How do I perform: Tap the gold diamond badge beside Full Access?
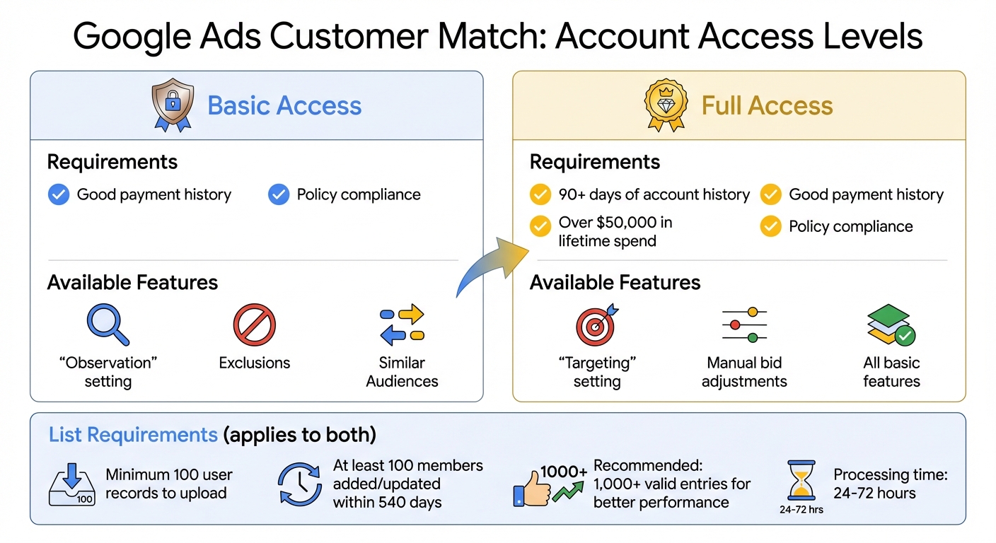click(x=666, y=106)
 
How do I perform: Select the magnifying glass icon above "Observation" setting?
click(x=108, y=325)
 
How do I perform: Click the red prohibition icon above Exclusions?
click(x=254, y=325)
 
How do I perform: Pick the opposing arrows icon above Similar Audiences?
click(x=402, y=325)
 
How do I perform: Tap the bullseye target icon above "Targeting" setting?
click(x=596, y=325)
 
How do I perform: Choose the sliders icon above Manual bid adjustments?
click(x=743, y=325)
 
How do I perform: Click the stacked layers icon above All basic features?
click(x=891, y=325)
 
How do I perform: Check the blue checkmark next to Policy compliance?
click(x=279, y=194)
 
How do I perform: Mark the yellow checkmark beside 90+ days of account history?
click(x=540, y=194)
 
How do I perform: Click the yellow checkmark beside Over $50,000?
click(x=540, y=226)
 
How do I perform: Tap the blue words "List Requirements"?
click(x=133, y=434)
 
